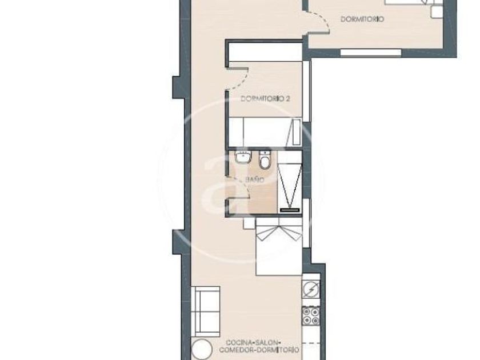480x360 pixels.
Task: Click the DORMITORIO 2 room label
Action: click(x=265, y=99)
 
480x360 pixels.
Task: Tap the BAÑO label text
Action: click(x=254, y=179)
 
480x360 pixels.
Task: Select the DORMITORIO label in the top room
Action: click(x=362, y=19)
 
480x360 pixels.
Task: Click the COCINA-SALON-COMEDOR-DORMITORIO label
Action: click(x=259, y=346)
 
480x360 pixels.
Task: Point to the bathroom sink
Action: click(x=243, y=157)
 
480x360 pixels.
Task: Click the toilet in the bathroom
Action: click(x=265, y=160)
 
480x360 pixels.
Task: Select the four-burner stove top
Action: click(x=311, y=316)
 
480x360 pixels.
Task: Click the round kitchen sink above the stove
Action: click(x=311, y=289)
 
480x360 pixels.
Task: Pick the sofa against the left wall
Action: click(x=205, y=311)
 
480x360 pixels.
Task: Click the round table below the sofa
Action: click(x=202, y=349)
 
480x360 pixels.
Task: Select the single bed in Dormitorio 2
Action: click(x=265, y=132)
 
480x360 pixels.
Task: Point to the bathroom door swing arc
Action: click(x=242, y=187)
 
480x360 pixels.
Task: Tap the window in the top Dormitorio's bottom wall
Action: click(x=371, y=53)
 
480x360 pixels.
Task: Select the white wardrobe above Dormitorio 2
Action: click(x=265, y=52)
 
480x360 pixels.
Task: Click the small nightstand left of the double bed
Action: click(x=249, y=223)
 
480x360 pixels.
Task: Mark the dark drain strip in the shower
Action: click(x=290, y=210)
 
